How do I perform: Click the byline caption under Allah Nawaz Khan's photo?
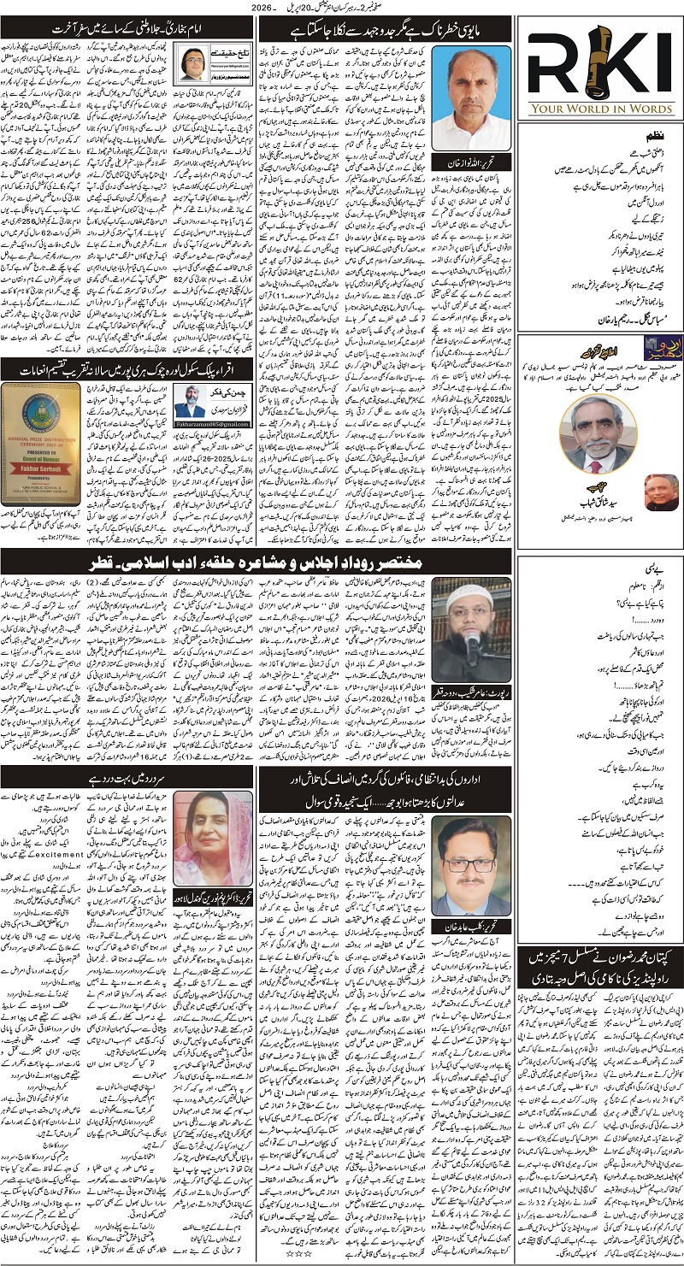[464, 162]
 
